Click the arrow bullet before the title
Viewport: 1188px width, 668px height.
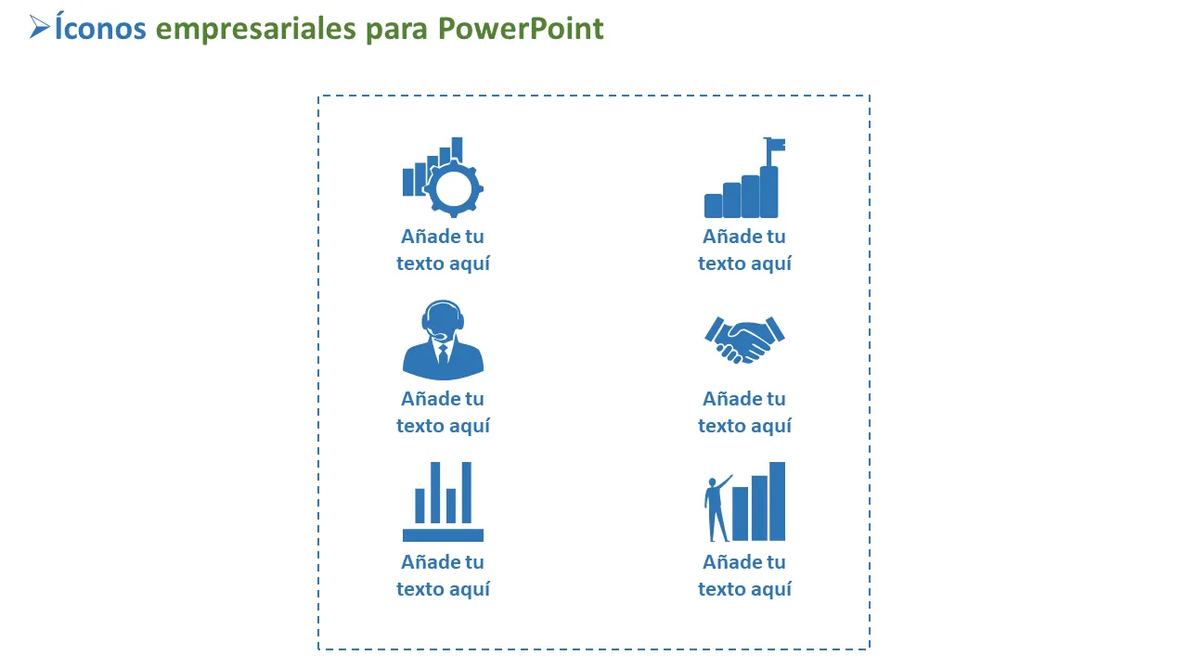coord(39,27)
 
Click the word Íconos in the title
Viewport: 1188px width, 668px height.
coord(100,28)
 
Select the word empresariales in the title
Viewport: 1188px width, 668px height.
coord(255,29)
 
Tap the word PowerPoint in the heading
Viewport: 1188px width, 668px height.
coord(521,28)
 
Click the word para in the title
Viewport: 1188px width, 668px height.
coord(396,31)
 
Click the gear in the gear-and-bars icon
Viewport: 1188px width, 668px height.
coord(454,188)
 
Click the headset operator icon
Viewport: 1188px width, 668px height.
coord(443,340)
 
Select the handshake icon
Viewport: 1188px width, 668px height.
coord(744,340)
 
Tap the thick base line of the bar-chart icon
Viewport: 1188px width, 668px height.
coord(443,535)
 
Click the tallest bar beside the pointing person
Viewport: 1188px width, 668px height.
coord(777,502)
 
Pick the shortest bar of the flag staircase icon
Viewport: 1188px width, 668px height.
coord(714,206)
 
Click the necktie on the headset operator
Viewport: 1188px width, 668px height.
coord(443,354)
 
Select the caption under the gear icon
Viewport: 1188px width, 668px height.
coord(443,250)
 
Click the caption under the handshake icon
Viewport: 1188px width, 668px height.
coord(744,412)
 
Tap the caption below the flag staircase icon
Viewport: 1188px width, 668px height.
coord(744,250)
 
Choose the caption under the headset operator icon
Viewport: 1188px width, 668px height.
coord(443,412)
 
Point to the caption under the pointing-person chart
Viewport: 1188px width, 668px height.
coord(744,575)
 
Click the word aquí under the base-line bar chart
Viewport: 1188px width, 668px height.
coord(469,589)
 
